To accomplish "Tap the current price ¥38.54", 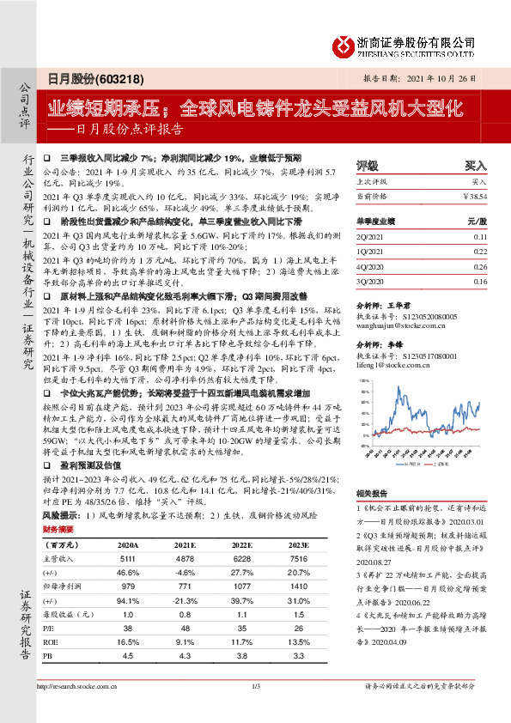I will [474, 197].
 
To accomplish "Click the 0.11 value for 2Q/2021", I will [480, 236].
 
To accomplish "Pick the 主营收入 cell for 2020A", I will [128, 558].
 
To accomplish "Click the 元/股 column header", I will [477, 221].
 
